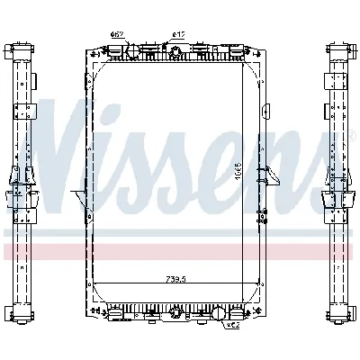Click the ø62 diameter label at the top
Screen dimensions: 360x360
116,34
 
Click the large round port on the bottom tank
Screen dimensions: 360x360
219,315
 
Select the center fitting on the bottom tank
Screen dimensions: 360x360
173,314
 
